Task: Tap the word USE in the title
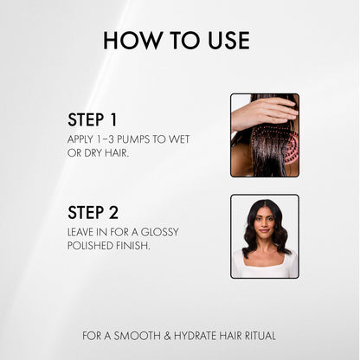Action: click(x=227, y=40)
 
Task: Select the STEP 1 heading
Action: click(x=92, y=119)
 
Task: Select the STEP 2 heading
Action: click(x=93, y=212)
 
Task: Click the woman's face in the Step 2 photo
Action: click(x=265, y=223)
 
